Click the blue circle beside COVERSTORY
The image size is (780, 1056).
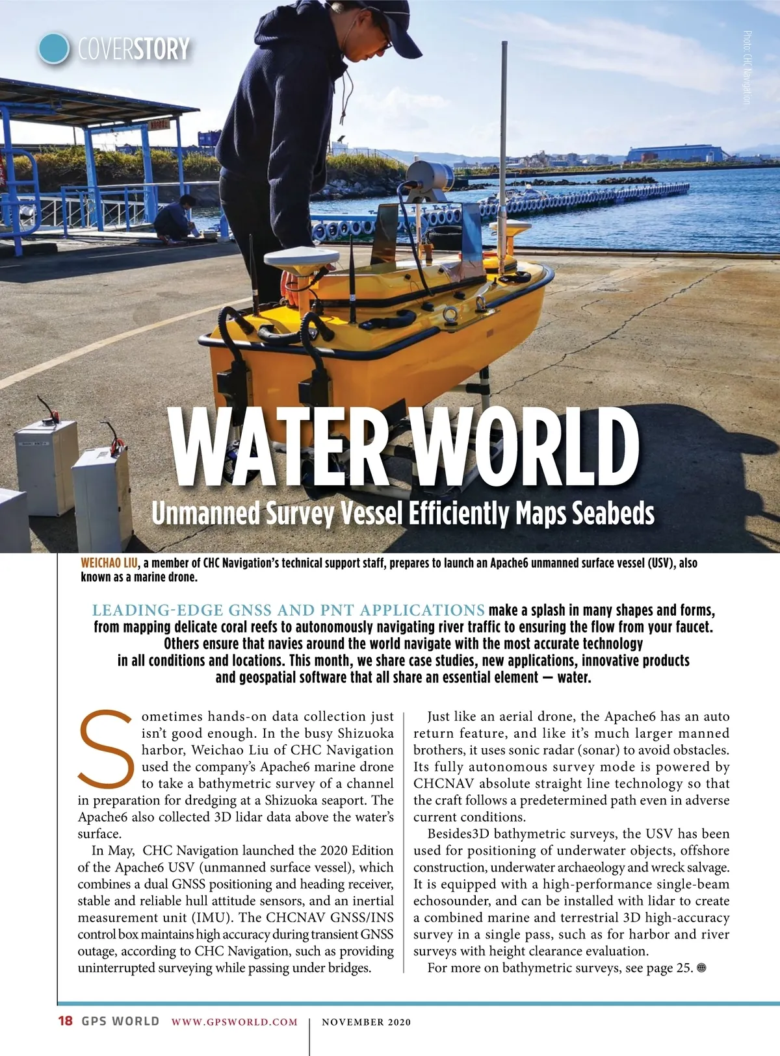[x=53, y=48]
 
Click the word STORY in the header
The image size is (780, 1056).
[x=162, y=49]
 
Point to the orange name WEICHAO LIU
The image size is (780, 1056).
[x=109, y=563]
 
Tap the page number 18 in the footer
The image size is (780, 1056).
[x=66, y=1021]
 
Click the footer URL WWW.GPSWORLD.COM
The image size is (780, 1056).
[x=235, y=1022]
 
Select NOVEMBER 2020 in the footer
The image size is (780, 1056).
[x=367, y=1022]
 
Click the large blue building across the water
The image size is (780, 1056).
[x=676, y=153]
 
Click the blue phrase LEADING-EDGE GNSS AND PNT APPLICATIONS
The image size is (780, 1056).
[x=288, y=610]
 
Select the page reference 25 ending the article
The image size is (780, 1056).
[x=682, y=968]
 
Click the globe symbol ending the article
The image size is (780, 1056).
[x=701, y=968]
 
